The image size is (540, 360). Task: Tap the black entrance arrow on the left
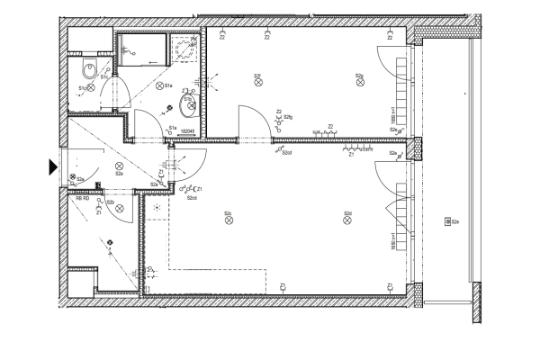tap(52, 166)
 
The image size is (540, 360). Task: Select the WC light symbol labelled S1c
tap(89, 88)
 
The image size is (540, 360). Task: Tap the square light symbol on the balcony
tap(445, 221)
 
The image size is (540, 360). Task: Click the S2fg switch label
tap(288, 118)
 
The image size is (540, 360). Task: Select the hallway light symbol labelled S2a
tap(119, 167)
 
